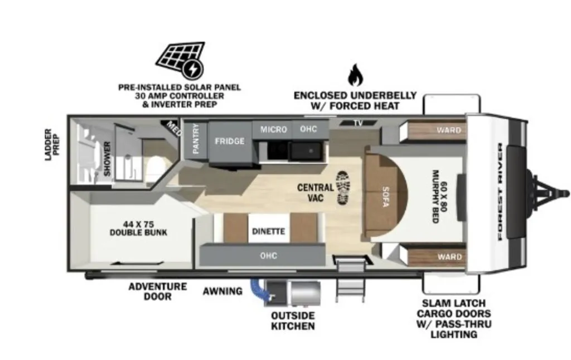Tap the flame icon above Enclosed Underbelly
tap(355, 75)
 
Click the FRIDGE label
tap(229, 141)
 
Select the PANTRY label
tap(196, 139)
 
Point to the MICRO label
tap(273, 129)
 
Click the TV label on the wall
tap(359, 123)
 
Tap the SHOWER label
tap(107, 159)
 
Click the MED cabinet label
tap(173, 128)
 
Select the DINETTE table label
tap(268, 231)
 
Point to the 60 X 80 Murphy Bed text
tap(439, 197)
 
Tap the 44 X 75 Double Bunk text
tap(138, 228)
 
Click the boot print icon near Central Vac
tap(343, 187)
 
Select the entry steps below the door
tap(350, 280)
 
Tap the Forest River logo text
tap(500, 192)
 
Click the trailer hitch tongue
tap(549, 192)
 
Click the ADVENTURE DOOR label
tap(158, 291)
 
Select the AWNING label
tap(222, 291)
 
